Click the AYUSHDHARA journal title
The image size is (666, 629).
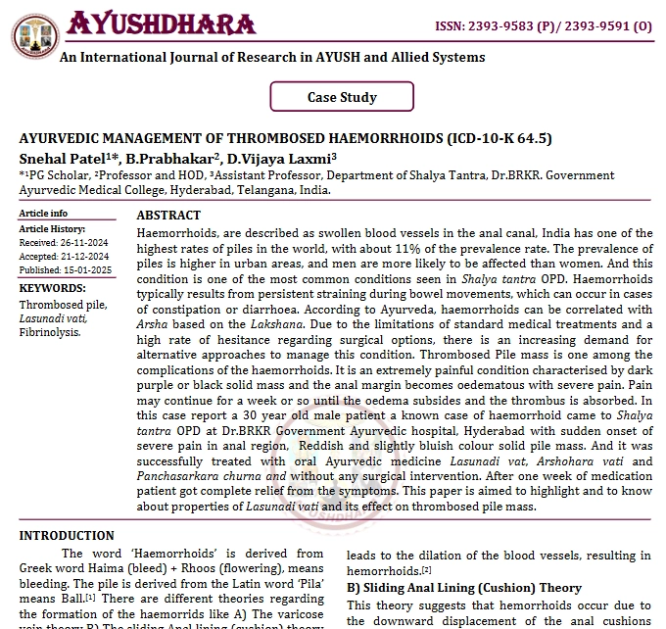click(x=161, y=24)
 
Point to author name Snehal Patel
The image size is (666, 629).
click(x=58, y=157)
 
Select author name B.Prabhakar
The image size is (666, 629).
click(x=175, y=157)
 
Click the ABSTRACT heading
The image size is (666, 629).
click(x=168, y=216)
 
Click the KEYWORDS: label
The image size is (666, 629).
click(x=52, y=288)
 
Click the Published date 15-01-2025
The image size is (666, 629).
click(x=86, y=269)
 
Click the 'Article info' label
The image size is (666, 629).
click(x=44, y=214)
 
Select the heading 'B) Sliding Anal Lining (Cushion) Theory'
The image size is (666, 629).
click(x=464, y=588)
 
